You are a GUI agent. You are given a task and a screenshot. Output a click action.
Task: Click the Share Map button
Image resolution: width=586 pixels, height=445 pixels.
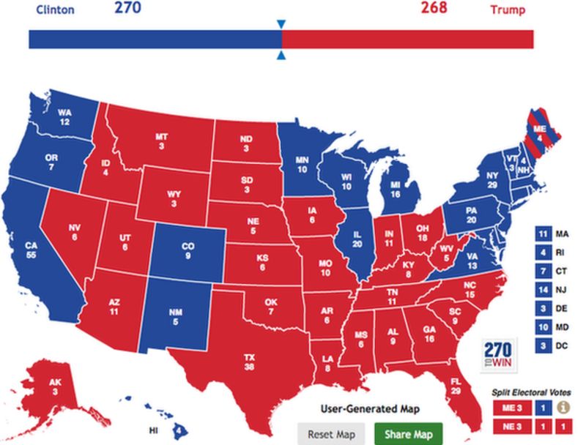[x=403, y=433]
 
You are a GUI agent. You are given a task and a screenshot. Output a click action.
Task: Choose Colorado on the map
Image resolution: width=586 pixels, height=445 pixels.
[x=188, y=252]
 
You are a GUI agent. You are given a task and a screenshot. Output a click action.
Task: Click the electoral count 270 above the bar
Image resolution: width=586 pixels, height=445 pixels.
[x=127, y=9]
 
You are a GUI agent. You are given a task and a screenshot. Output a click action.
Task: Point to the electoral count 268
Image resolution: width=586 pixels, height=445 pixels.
[x=435, y=9]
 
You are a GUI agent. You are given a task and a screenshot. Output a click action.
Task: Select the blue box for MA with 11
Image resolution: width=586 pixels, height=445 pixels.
[x=543, y=233]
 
